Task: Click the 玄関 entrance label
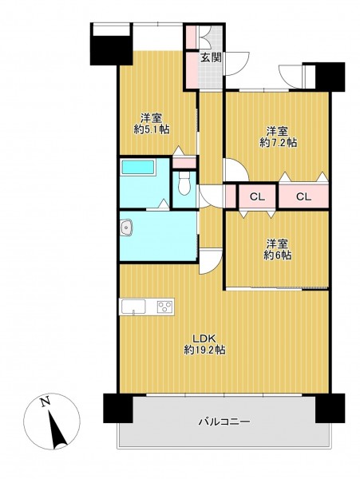[x=211, y=57]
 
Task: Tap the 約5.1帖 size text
[x=152, y=129]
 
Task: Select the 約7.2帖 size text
[x=278, y=143]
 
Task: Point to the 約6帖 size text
[x=277, y=255]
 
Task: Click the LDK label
[x=204, y=338]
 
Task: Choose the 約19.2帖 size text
[x=204, y=350]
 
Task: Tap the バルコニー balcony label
[x=225, y=422]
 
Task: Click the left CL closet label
[x=257, y=197]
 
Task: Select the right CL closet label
[x=303, y=197]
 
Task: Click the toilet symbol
[x=184, y=183]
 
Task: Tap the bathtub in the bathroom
[x=138, y=167]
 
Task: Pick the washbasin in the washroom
[x=126, y=228]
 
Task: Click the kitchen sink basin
[x=133, y=307]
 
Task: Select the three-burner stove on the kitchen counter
[x=165, y=307]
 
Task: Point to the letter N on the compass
[x=45, y=402]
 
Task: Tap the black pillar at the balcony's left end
[x=118, y=408]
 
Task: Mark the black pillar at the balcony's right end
[x=330, y=408]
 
